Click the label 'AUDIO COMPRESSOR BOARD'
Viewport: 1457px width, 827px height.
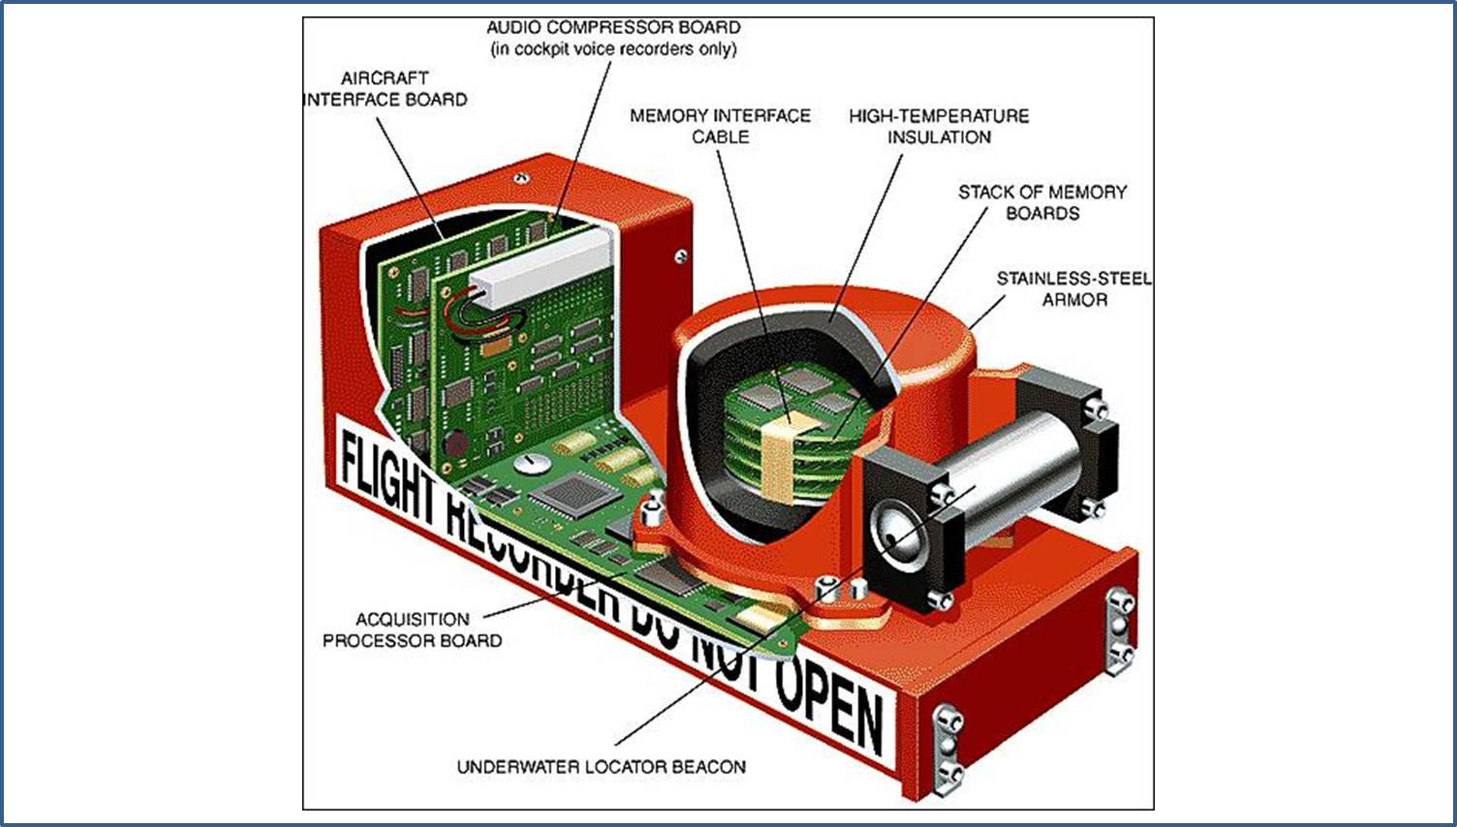[613, 27]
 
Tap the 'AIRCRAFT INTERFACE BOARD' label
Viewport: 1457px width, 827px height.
[385, 89]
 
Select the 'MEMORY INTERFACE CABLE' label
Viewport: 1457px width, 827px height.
[720, 126]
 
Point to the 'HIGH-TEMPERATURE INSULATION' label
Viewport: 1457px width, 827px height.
[939, 126]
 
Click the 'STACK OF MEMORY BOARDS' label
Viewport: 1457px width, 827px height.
[1042, 202]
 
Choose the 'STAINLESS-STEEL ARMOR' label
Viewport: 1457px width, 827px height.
[1074, 289]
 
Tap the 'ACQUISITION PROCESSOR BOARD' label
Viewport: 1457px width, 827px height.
[413, 629]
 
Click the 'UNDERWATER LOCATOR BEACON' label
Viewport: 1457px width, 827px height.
[601, 767]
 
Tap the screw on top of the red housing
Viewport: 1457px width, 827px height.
[520, 178]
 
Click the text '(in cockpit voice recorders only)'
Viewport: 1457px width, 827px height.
[613, 49]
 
